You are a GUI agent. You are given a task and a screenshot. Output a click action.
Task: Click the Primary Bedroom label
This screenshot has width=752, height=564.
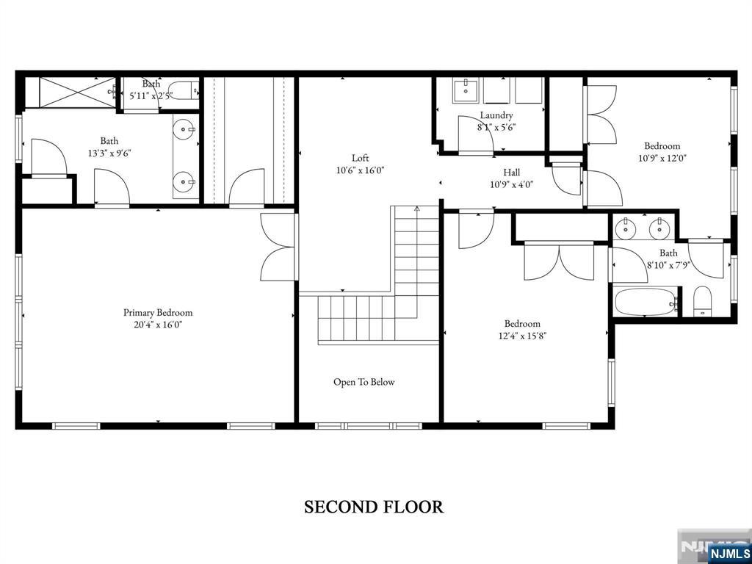(x=158, y=313)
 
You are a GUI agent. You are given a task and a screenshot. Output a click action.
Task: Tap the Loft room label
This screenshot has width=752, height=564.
(x=360, y=158)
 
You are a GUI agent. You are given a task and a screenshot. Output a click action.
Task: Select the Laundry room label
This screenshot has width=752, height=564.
(x=496, y=115)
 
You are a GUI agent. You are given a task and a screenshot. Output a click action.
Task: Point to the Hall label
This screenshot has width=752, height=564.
(x=512, y=173)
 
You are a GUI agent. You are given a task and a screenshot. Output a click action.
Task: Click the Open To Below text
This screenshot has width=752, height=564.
(x=364, y=382)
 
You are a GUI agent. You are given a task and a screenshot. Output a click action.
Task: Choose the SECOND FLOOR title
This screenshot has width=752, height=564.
(x=374, y=507)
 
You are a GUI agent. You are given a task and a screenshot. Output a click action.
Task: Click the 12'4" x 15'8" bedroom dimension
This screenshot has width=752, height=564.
(x=522, y=336)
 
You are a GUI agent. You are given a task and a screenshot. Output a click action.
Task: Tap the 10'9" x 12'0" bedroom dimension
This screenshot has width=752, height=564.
(x=662, y=158)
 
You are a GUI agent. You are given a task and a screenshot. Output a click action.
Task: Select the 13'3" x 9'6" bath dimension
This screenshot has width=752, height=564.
(x=109, y=153)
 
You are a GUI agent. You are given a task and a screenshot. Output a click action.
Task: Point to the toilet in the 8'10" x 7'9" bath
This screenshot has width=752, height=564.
(x=703, y=302)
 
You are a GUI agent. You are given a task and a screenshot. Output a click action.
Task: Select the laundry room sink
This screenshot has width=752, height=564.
(x=464, y=90)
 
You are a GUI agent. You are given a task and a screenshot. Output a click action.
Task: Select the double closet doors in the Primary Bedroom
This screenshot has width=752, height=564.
(x=279, y=247)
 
